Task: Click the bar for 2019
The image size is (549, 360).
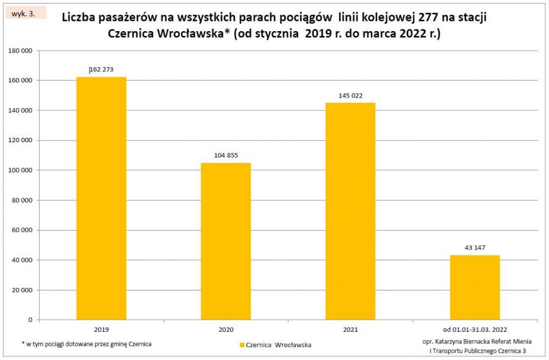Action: coord(101,198)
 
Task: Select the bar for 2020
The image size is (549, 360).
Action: coord(226,241)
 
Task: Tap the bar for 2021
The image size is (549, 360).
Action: coord(350,211)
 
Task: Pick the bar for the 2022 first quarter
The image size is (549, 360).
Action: coord(475,287)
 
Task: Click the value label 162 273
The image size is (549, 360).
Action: coord(101,70)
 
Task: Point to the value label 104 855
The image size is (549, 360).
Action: coord(226,156)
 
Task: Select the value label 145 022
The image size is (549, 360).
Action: coord(350,95)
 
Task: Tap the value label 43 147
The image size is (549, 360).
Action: coord(475,247)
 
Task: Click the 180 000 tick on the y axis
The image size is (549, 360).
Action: coord(20,51)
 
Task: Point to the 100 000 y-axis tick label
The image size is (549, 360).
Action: coord(20,170)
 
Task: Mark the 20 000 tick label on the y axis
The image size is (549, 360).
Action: coord(22,290)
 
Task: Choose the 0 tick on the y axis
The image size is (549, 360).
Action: coord(29,320)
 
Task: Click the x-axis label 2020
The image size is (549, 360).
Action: coord(226,329)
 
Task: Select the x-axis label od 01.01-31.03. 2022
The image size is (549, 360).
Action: coord(475,329)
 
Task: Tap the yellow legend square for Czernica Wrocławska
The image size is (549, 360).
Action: coord(242,345)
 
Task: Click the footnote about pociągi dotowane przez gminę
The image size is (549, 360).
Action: coord(86,344)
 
